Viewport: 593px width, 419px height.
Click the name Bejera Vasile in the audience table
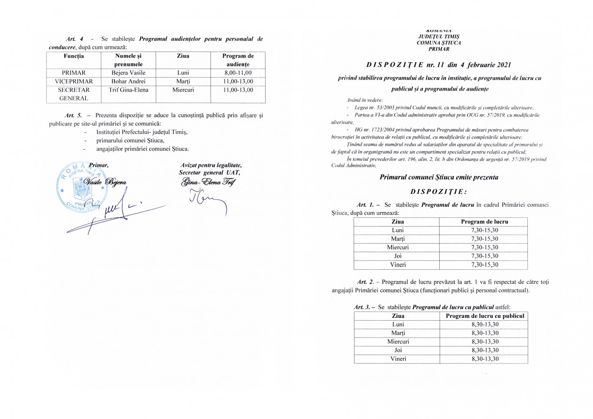pyautogui.click(x=128, y=73)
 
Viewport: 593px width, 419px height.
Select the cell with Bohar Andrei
pyautogui.click(x=128, y=81)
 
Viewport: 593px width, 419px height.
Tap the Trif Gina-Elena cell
pyautogui.click(x=128, y=90)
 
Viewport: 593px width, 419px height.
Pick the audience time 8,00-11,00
pyautogui.click(x=238, y=73)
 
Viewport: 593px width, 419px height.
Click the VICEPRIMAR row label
pyautogui.click(x=74, y=81)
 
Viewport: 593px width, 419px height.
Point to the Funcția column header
pyautogui.click(x=74, y=56)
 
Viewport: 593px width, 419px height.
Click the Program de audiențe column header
pyautogui.click(x=238, y=60)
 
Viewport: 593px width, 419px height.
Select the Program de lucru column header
pyautogui.click(x=484, y=222)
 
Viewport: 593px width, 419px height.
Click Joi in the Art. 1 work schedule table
pyautogui.click(x=398, y=256)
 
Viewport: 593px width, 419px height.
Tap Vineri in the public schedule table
pyautogui.click(x=398, y=359)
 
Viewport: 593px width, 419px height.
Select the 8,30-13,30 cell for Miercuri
pyautogui.click(x=485, y=341)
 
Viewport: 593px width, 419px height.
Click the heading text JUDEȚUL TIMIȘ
pyautogui.click(x=438, y=37)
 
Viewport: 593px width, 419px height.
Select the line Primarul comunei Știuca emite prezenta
pyautogui.click(x=439, y=178)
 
